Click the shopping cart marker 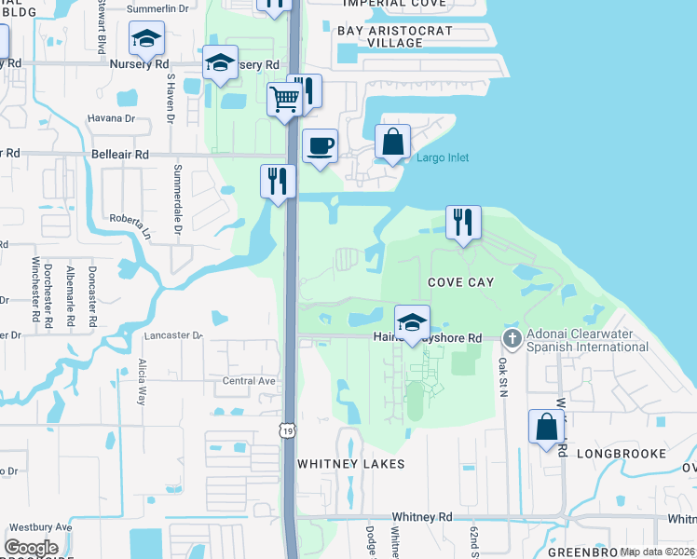pos(284,98)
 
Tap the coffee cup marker pos(320,146)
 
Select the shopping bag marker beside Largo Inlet pos(393,143)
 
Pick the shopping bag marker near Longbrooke pos(546,427)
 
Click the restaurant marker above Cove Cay pos(463,222)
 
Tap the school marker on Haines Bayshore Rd pos(411,322)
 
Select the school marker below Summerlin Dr pos(146,38)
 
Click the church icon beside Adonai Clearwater pos(512,337)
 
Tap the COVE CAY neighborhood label pos(460,281)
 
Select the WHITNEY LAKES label pos(350,463)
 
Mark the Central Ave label pos(249,380)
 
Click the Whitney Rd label pos(421,516)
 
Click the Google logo pos(32,548)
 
